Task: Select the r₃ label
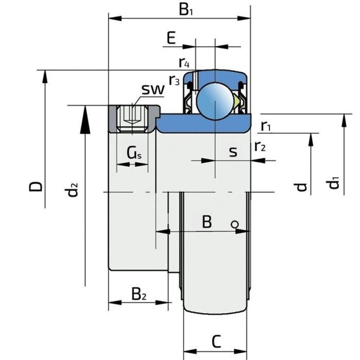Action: [x=174, y=80]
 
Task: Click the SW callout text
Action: [x=153, y=90]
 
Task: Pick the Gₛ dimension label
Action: [x=134, y=152]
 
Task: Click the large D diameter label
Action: [x=35, y=186]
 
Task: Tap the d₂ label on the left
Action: [x=73, y=190]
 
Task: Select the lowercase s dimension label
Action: [x=233, y=152]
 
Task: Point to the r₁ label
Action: [x=266, y=125]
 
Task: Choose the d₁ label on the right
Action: [x=335, y=183]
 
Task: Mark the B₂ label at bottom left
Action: [x=139, y=295]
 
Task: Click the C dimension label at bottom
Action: [x=217, y=340]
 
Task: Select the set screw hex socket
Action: [x=133, y=117]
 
